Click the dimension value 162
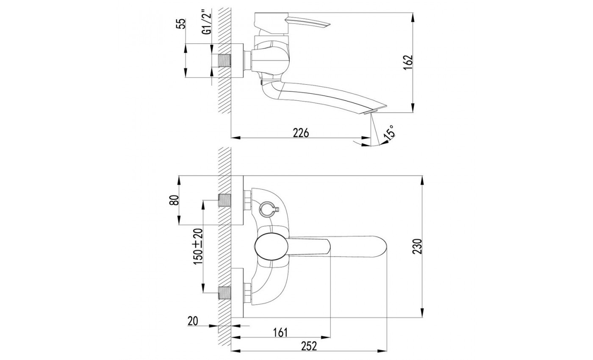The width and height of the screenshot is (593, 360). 408,63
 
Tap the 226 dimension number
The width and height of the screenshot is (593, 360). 301,133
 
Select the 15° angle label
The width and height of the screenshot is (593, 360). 389,133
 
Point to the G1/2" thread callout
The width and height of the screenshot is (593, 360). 207,22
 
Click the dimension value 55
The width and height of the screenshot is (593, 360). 181,24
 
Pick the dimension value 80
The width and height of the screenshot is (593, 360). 174,200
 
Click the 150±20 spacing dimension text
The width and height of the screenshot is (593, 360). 198,246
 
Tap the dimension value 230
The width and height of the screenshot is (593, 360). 417,246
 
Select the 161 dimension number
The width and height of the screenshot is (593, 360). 280,332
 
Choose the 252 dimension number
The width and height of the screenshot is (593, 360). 309,346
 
